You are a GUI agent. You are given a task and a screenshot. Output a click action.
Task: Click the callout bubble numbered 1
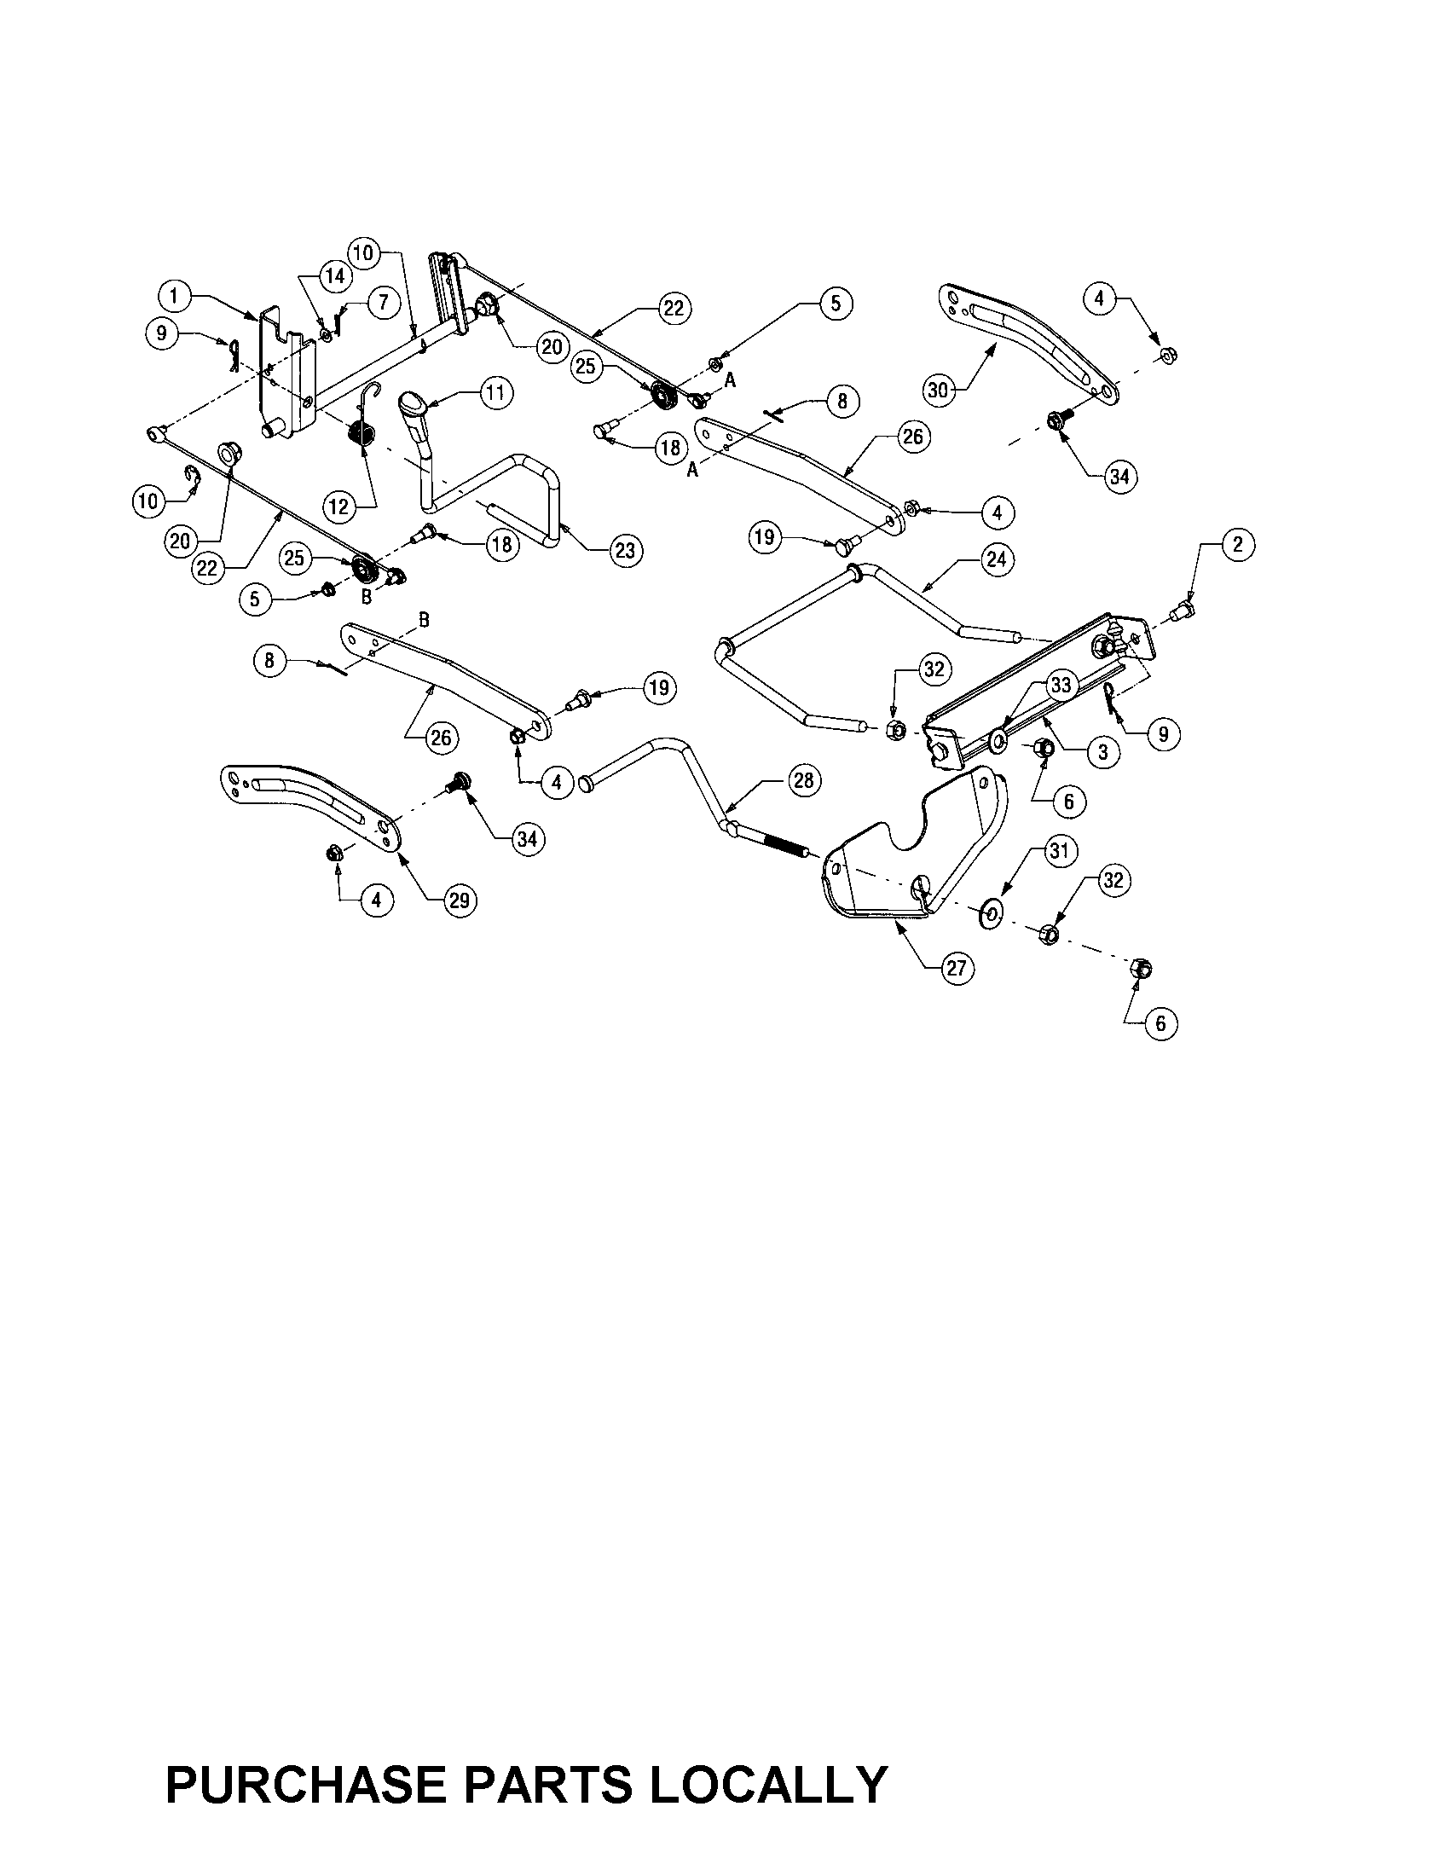(x=174, y=298)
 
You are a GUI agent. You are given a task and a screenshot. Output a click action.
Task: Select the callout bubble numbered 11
(x=497, y=393)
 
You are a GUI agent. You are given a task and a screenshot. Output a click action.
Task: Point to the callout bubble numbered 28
(x=805, y=781)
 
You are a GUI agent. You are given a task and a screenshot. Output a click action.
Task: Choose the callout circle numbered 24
(x=996, y=559)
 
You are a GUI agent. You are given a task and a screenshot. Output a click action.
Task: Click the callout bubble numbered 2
(x=1237, y=545)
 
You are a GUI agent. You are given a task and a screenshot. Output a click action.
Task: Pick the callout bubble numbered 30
(x=940, y=391)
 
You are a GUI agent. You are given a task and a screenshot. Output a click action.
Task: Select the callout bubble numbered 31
(x=1060, y=851)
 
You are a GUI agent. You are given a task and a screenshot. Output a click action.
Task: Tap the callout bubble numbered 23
(x=625, y=550)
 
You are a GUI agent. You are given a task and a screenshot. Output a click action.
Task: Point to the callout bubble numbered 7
(x=383, y=302)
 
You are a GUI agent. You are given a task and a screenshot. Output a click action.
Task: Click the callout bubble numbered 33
(x=1061, y=686)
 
